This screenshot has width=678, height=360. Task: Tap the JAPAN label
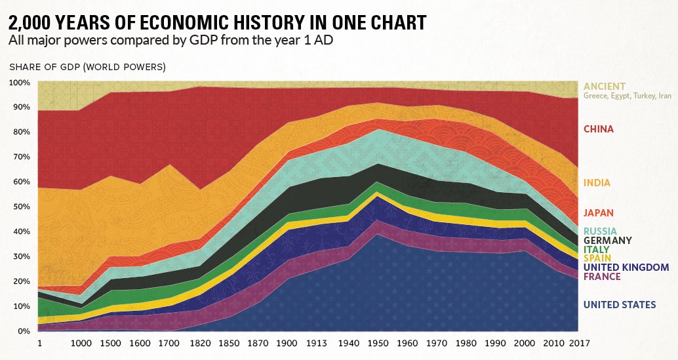(x=598, y=212)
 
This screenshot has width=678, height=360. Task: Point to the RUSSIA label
(x=600, y=231)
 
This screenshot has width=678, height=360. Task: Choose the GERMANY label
(x=607, y=241)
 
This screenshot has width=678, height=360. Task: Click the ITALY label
(x=596, y=250)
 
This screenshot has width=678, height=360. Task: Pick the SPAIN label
(x=597, y=258)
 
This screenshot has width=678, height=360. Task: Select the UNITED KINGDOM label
(x=626, y=268)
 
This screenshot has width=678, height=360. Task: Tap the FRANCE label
(x=602, y=277)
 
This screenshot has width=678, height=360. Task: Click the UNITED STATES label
(x=619, y=304)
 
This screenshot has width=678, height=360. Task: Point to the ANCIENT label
(x=604, y=87)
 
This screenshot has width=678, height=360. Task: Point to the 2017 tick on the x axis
(x=578, y=344)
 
